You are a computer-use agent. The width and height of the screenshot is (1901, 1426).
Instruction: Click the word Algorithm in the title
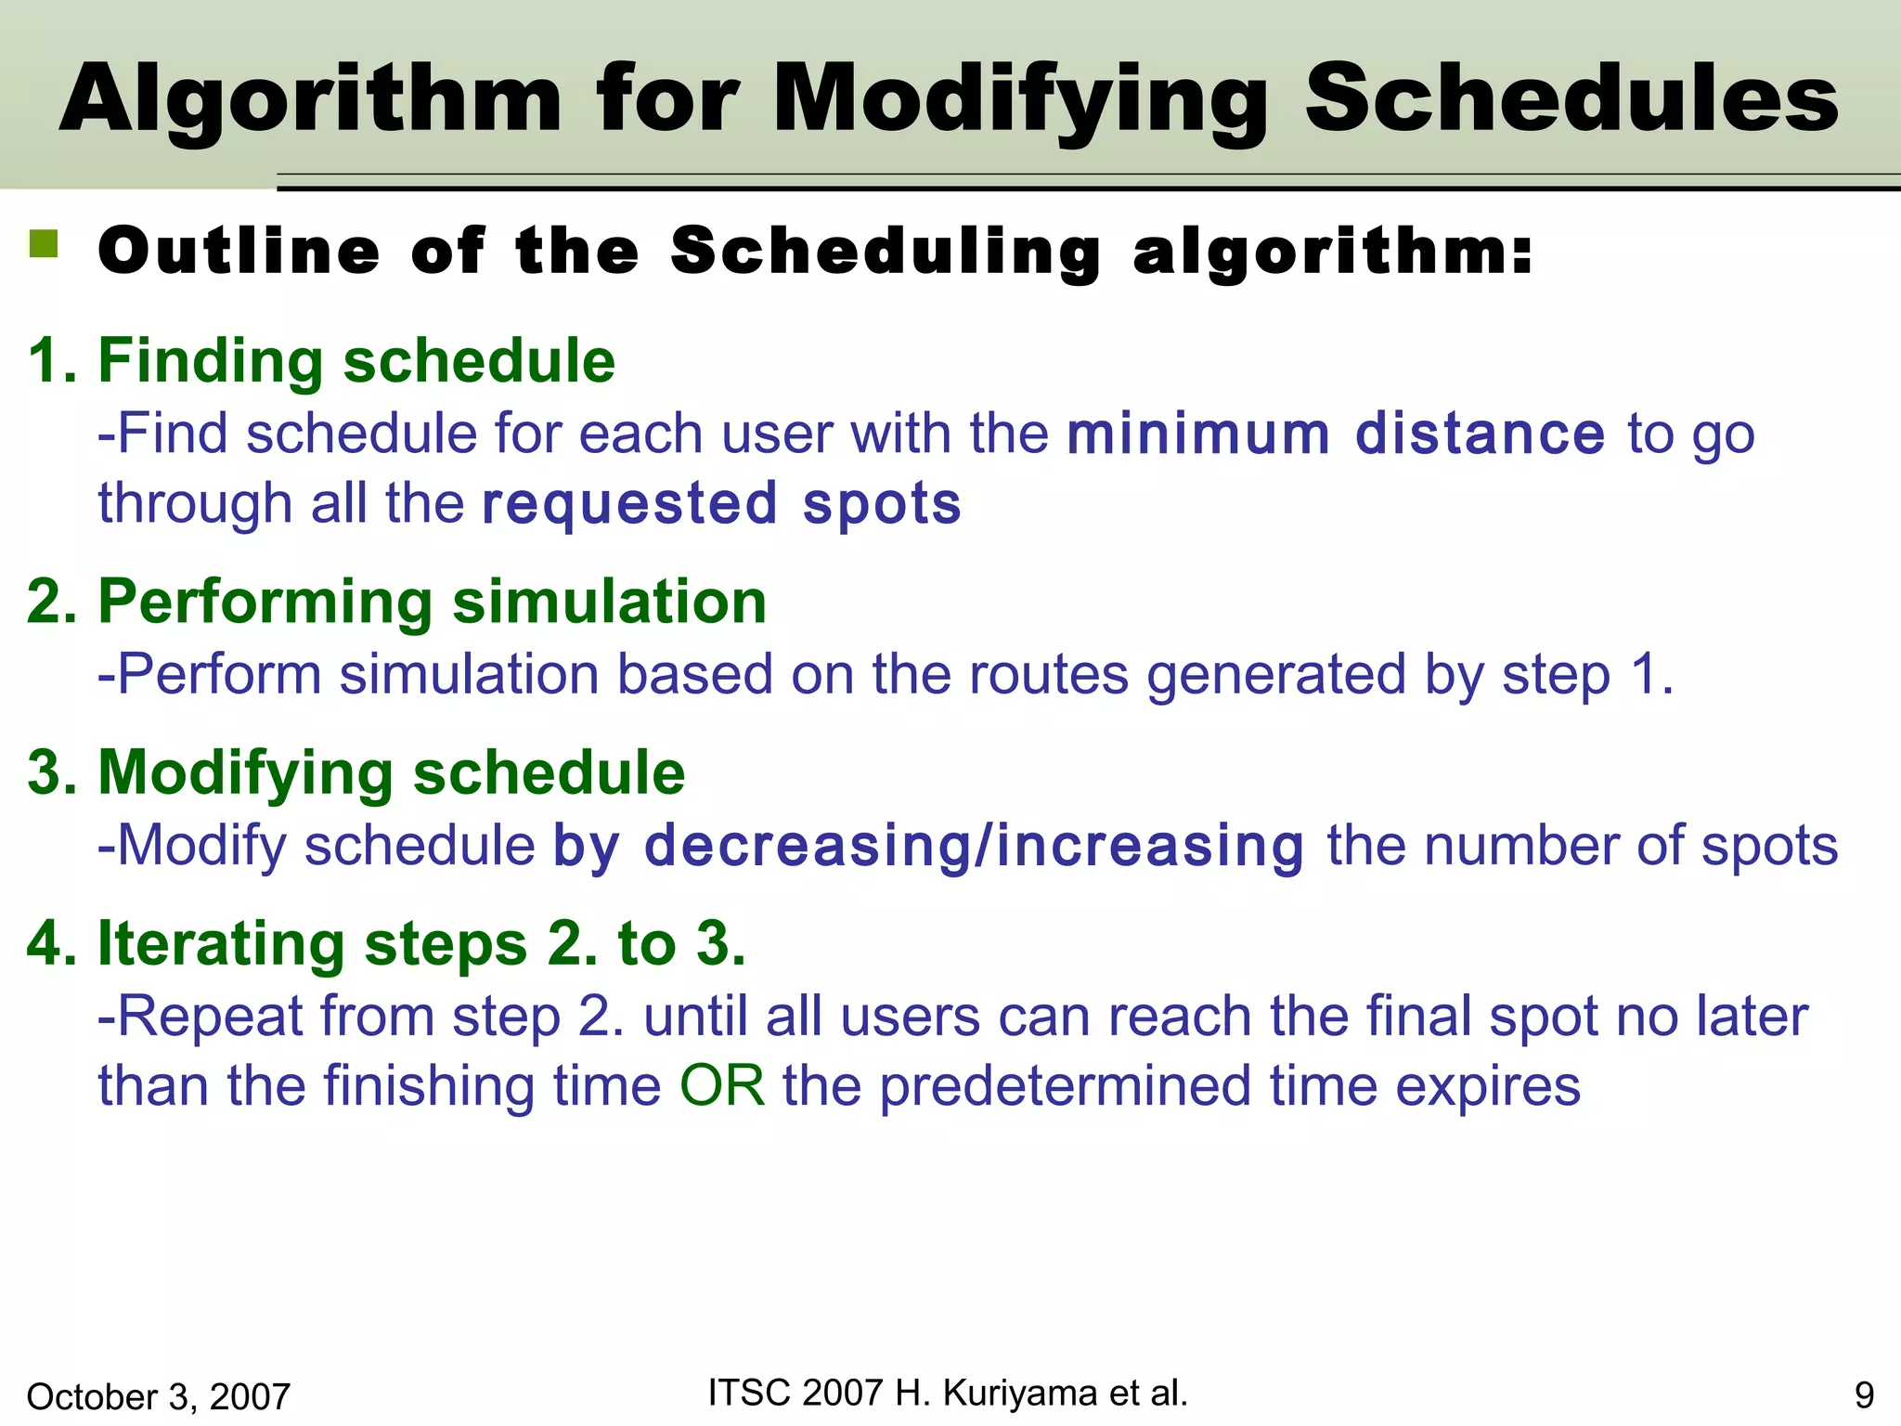coord(311,99)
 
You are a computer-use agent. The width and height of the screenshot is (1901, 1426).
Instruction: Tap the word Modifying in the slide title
coord(1021,99)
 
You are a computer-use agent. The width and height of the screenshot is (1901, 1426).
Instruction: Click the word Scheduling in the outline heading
coord(886,252)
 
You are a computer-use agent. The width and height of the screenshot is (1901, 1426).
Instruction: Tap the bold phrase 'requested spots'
coord(722,503)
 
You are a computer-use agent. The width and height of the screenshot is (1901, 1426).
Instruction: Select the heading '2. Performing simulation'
coord(397,602)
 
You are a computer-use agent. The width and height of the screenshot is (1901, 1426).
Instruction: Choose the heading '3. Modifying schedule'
coord(356,772)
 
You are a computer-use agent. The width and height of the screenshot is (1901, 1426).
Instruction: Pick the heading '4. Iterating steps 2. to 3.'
coord(386,943)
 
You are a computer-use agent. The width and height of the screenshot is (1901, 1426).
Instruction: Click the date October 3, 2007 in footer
coord(159,1396)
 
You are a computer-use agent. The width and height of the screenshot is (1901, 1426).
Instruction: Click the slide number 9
coord(1864,1395)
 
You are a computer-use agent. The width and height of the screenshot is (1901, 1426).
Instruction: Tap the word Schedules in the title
coord(1571,99)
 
